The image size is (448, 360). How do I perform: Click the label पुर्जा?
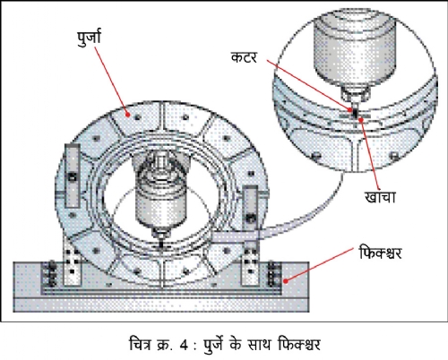click(89, 39)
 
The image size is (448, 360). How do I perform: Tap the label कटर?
click(244, 57)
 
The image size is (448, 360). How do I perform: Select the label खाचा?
click(380, 197)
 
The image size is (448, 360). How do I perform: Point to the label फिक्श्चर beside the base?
click(380, 253)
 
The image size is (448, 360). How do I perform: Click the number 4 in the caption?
click(184, 345)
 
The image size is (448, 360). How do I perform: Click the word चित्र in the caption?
click(141, 344)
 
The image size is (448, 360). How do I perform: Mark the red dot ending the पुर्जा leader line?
click(128, 115)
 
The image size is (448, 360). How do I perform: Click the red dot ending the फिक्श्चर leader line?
click(286, 281)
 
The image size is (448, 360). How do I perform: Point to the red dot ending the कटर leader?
click(350, 109)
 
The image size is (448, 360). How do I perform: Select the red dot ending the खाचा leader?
click(361, 120)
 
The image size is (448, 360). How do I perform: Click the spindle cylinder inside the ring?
click(161, 202)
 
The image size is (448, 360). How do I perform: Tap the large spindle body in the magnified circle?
click(355, 51)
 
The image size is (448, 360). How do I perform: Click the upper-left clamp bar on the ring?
click(73, 176)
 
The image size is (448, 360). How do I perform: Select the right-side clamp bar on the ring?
click(250, 210)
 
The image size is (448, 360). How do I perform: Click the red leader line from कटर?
click(308, 85)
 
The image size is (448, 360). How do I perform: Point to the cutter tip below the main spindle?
click(161, 243)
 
